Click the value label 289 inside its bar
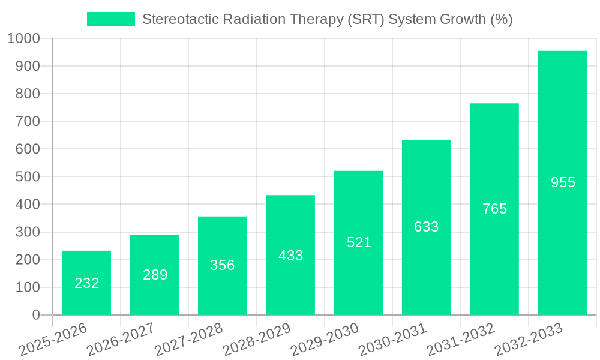(155, 275)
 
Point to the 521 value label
(359, 242)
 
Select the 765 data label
(494, 209)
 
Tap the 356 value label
(223, 265)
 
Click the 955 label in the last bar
(563, 182)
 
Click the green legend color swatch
(111, 19)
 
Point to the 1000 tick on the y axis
(24, 39)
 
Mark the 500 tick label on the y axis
(28, 177)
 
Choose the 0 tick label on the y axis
(36, 315)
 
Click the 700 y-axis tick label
(28, 122)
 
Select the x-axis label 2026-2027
(121, 340)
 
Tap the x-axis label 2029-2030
(325, 340)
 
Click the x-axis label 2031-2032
(461, 340)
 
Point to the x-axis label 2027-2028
(188, 340)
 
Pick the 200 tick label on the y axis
(28, 260)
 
